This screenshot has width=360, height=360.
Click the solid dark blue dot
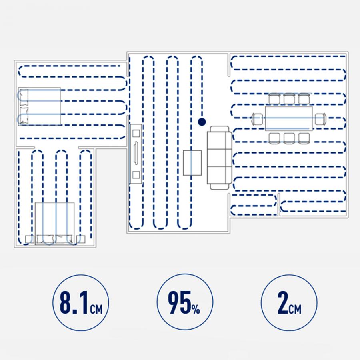[x=202, y=122]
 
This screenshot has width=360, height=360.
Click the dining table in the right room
[x=289, y=118]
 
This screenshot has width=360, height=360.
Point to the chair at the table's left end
[x=257, y=119]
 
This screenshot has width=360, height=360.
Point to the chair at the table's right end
[x=320, y=119]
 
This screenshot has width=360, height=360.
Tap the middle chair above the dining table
[x=289, y=99]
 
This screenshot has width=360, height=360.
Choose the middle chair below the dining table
[x=289, y=138]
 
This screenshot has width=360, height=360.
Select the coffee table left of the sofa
[x=192, y=163]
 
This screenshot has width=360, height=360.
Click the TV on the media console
[x=136, y=153]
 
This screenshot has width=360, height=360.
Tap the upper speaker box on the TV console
[x=136, y=133]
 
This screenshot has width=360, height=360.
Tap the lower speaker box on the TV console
[x=136, y=175]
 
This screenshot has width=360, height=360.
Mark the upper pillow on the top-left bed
[x=24, y=98]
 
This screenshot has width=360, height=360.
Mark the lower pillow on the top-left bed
[x=24, y=116]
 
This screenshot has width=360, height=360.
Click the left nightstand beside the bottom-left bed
[x=30, y=240]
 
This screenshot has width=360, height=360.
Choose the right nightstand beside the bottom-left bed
[x=80, y=240]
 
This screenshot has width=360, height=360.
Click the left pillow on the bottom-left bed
[x=45, y=239]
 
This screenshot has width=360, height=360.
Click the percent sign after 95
[x=196, y=309]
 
